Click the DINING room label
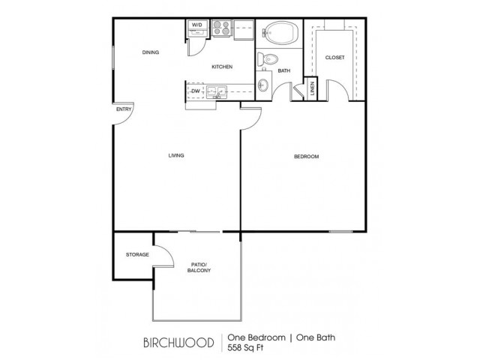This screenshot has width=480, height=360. (x=151, y=52)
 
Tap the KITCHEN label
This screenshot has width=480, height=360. (x=222, y=67)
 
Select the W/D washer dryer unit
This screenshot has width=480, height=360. (x=197, y=28)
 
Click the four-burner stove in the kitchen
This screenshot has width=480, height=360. (x=222, y=28)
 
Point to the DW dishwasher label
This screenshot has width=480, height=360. (x=196, y=91)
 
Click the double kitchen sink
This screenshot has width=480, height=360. (x=217, y=91)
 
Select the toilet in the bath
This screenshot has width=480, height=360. (x=267, y=58)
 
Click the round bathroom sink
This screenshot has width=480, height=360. (x=263, y=84)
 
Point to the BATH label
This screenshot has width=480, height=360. (x=284, y=70)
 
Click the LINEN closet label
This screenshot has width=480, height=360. (x=313, y=88)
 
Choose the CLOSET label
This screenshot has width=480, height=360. (x=335, y=58)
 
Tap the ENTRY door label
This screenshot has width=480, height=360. (x=124, y=109)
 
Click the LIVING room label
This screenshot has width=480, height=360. (x=176, y=155)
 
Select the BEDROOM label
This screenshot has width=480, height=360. (x=307, y=157)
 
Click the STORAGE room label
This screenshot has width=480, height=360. (x=137, y=254)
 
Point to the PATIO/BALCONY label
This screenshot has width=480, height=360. (x=199, y=268)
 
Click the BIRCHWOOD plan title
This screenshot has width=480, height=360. (x=178, y=343)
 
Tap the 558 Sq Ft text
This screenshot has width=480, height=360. (x=245, y=348)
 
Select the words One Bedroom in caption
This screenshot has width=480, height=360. (x=256, y=337)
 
